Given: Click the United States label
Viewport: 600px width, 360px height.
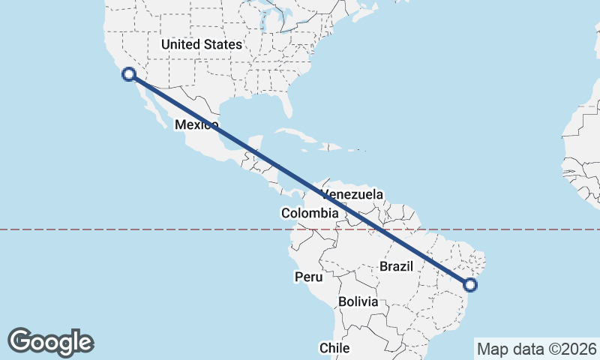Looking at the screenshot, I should coord(202,45).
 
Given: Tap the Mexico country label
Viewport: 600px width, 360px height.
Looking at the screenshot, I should coord(196,125).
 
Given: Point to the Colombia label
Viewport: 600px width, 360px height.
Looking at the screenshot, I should coord(310,214).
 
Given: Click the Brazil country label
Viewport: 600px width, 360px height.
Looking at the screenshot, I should coord(397,266).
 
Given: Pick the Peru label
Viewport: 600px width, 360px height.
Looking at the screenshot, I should coord(308,277).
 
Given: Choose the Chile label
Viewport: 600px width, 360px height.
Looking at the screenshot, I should coord(334,348).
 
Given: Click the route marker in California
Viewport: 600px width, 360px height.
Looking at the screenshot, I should coord(129,73).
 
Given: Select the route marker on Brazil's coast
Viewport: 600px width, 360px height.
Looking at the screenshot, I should coord(470,284).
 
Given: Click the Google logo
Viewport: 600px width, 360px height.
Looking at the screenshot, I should coord(50,342).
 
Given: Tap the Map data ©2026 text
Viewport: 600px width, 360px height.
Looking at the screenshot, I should coord(537,349).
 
